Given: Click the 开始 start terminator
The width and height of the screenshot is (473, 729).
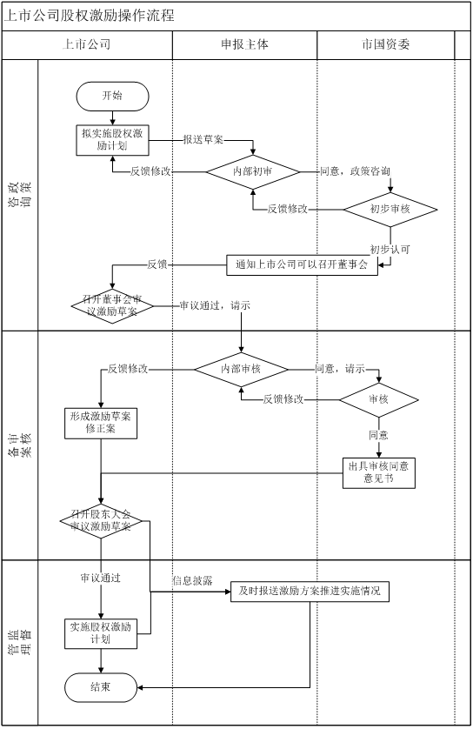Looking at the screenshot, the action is tap(112, 97).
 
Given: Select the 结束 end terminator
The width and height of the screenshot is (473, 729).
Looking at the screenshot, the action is tap(101, 687).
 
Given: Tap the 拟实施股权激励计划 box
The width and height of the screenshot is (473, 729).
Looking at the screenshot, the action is tap(112, 140).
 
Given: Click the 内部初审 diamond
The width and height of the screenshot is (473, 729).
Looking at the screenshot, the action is tap(253, 172).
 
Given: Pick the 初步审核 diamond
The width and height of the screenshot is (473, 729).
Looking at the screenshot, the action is tap(390, 210).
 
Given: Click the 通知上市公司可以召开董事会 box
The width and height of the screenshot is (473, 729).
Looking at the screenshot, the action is tap(302, 265).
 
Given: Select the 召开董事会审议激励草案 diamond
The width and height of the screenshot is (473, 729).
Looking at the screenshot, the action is tap(112, 306).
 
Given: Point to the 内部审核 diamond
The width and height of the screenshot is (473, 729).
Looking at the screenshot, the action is tap(241, 370).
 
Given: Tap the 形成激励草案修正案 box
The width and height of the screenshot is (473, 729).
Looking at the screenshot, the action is tap(101, 423).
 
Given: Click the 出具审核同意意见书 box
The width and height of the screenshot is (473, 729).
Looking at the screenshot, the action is tap(379, 473).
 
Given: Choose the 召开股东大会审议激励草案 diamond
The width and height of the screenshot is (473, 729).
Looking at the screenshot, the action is tap(101, 521).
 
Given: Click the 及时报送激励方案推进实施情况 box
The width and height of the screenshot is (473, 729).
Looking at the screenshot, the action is tap(310, 592).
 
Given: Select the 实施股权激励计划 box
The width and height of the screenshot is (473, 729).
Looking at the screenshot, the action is tap(101, 633).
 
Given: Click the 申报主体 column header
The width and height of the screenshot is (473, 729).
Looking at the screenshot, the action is tap(244, 44).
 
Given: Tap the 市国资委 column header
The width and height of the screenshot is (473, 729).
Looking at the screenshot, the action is tap(385, 44).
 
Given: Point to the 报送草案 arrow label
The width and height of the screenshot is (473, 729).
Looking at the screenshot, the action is tap(203, 139).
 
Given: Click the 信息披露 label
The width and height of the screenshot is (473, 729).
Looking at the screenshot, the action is tap(192, 581).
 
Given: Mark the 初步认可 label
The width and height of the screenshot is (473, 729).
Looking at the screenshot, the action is tap(390, 250).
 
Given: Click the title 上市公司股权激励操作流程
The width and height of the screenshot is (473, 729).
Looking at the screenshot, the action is tap(89, 16).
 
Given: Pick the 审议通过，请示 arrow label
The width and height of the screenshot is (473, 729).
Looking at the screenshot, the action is tap(215, 306).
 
